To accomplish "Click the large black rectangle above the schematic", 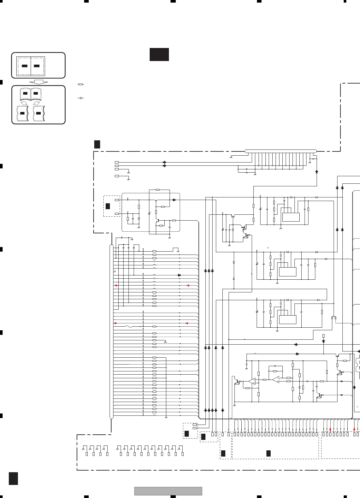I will coord(159,54).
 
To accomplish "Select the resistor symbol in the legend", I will coord(81,85).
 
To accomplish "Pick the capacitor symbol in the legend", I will coord(81,98).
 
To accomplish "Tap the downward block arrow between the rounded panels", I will coord(38,82).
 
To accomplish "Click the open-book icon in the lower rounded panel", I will coord(30,94).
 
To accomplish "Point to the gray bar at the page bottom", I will coord(168,491).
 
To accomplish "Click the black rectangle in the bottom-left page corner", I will coord(13,478).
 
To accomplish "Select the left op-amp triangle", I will coord(252,381).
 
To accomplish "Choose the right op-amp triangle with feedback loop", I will coord(276,379).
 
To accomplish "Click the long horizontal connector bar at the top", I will coord(280,151).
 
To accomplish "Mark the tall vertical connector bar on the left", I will coord(112,331).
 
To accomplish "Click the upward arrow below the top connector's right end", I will coord(316,171).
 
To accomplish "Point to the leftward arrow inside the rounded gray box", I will coord(174,200).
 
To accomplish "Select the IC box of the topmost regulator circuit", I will coord(291,217).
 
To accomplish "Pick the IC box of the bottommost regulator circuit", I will coord(288,319).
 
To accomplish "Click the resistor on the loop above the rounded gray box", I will coord(158,190).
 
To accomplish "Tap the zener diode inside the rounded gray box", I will coord(139,218).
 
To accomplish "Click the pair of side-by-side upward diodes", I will coord(334,318).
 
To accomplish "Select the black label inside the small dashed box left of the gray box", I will coord(108,206).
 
